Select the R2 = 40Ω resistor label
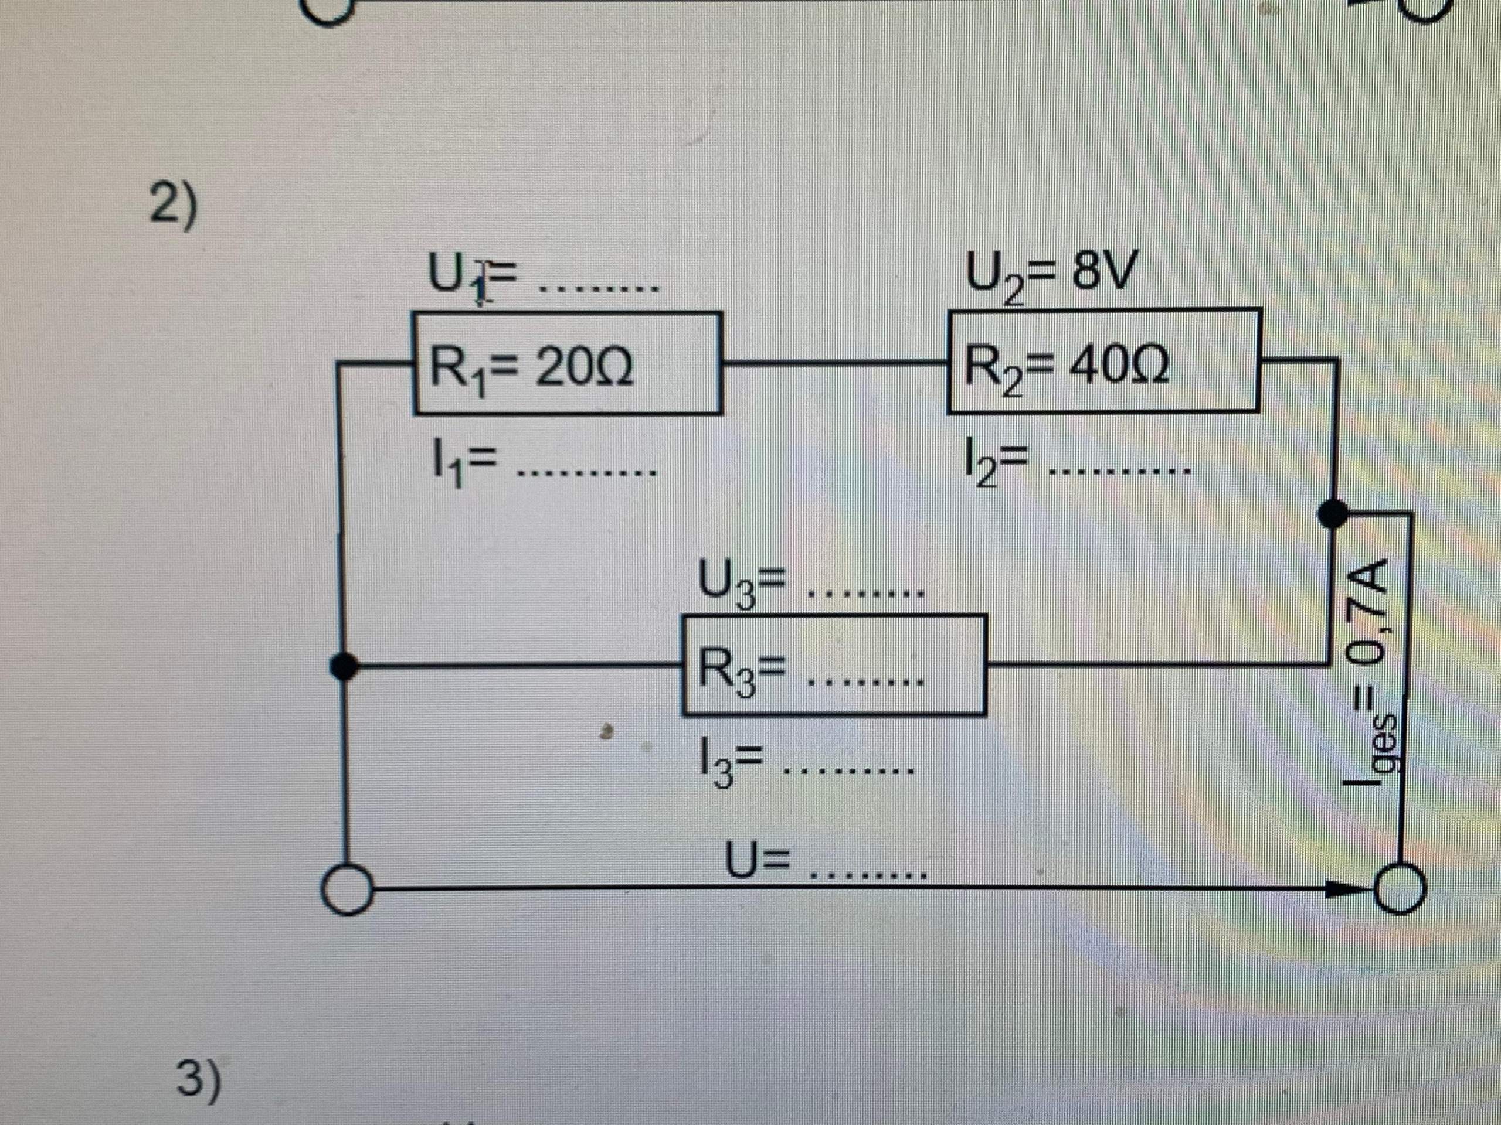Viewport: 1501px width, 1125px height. (1065, 370)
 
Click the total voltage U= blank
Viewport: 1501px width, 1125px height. (868, 875)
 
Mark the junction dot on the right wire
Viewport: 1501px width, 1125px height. (1333, 514)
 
